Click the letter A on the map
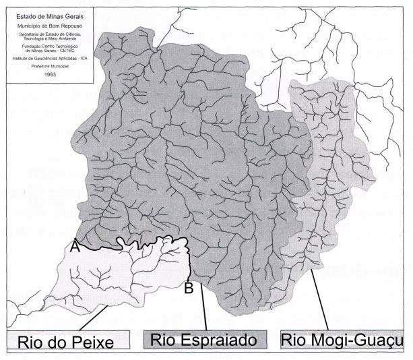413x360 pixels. click(x=75, y=247)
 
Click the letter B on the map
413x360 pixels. click(x=190, y=288)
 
